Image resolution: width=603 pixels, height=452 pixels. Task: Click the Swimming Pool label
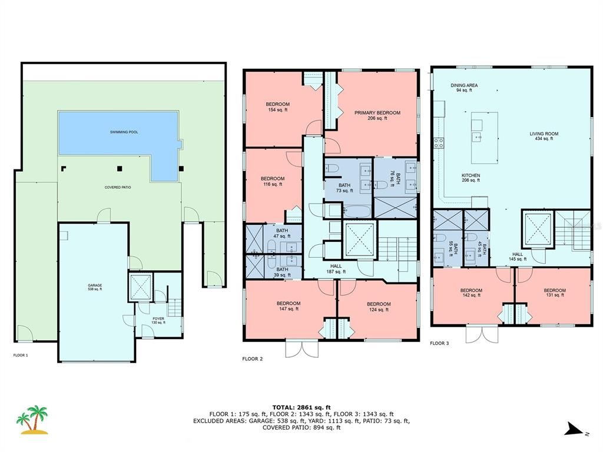[124, 132]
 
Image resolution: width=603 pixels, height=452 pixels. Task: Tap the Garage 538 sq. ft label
[95, 287]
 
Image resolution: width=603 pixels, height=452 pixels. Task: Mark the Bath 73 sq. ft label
[344, 188]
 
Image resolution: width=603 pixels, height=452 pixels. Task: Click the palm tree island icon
[32, 420]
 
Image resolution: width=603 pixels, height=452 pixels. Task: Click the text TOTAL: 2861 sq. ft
[301, 407]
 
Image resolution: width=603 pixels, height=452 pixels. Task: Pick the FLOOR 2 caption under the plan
[253, 358]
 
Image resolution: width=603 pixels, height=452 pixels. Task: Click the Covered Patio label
[118, 188]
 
